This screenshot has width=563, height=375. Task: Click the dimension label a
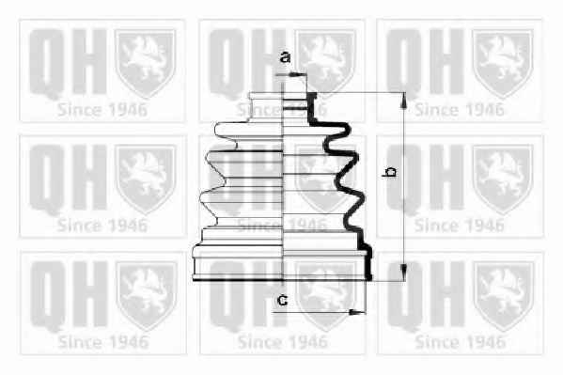pos(285,57)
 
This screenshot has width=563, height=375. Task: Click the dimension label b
pos(390,171)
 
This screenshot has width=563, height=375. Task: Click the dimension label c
pos(283,301)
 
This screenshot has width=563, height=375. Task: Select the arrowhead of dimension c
pos(356,312)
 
